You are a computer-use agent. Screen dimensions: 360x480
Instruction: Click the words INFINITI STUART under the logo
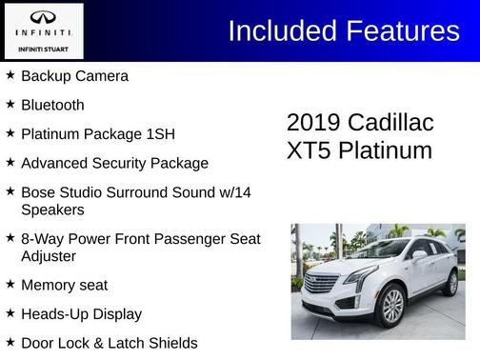click(43, 48)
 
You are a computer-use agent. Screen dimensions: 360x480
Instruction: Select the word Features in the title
click(401, 31)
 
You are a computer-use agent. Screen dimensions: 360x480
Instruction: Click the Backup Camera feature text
click(74, 76)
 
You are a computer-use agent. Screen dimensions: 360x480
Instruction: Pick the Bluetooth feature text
click(52, 105)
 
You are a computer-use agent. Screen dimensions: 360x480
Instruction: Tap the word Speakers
click(52, 209)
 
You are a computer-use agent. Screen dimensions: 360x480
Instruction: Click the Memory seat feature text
click(64, 285)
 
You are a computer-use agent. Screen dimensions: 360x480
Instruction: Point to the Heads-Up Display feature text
click(81, 313)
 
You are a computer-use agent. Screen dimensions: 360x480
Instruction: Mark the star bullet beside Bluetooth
click(10, 104)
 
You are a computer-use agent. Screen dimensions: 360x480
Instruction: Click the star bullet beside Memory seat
click(10, 284)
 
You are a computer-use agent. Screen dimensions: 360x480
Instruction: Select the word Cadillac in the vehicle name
click(390, 123)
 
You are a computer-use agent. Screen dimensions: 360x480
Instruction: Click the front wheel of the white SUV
click(391, 307)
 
